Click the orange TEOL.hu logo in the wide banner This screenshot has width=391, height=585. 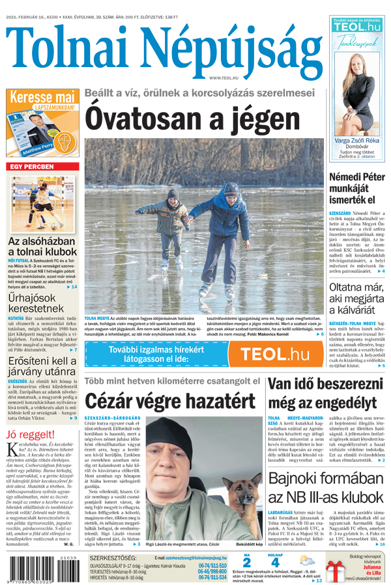pos(274,355)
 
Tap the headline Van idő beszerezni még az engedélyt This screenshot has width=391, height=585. pos(326,393)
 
